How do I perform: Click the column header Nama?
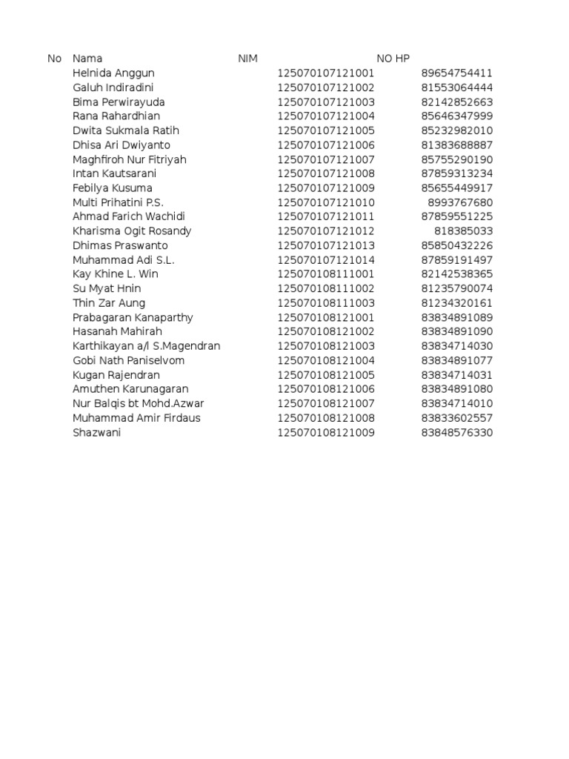[x=87, y=59]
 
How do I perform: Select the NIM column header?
[x=247, y=59]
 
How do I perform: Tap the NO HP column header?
[x=393, y=59]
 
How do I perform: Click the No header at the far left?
[x=54, y=59]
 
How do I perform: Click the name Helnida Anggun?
[x=113, y=73]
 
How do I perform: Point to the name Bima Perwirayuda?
[x=119, y=102]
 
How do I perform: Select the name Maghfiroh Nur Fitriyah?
[x=130, y=159]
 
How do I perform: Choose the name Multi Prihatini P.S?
[x=118, y=202]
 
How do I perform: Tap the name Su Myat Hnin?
[x=107, y=288]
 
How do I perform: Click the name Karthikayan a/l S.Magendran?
[x=146, y=346]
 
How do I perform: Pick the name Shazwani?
[x=96, y=432]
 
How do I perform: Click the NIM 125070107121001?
[x=326, y=73]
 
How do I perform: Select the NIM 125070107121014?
[x=326, y=260]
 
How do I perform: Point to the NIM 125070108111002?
[x=326, y=288]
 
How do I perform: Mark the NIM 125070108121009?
[x=326, y=432]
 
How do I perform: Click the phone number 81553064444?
[x=456, y=87]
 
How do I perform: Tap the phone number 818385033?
[x=463, y=231]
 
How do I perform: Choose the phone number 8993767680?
[x=460, y=202]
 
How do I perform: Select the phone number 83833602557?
[x=456, y=418]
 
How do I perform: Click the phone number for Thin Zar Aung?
[x=456, y=303]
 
